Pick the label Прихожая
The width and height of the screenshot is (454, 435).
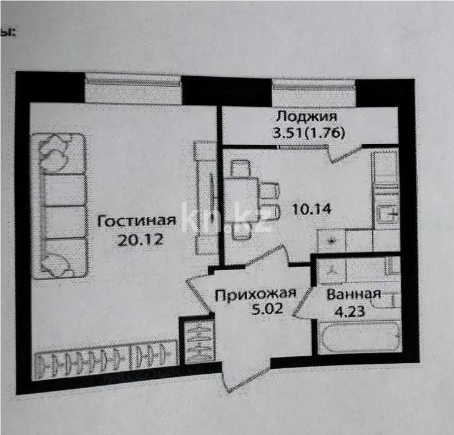pyautogui.click(x=254, y=295)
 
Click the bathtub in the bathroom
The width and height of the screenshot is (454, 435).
pyautogui.click(x=358, y=338)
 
